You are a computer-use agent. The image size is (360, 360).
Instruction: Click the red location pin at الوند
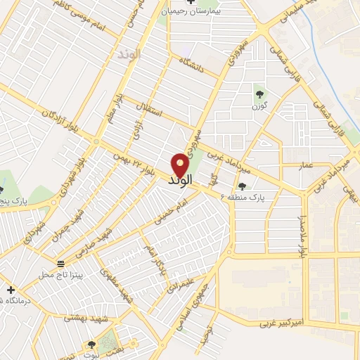[181, 165]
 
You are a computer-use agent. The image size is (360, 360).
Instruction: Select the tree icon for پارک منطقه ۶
[243, 186]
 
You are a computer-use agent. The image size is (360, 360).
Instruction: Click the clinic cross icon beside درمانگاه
[10, 290]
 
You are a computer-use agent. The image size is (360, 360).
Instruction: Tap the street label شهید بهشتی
[84, 318]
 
